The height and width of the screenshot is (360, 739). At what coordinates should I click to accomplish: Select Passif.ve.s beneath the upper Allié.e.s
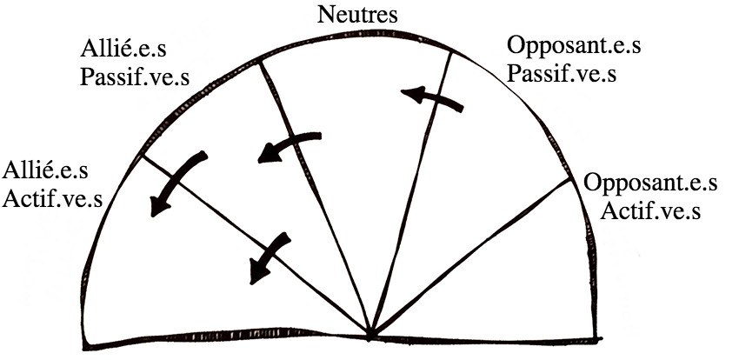click(134, 75)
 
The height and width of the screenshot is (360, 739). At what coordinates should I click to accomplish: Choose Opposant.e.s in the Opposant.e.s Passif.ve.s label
click(574, 45)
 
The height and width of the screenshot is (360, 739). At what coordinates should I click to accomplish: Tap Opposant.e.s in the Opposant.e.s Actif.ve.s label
click(651, 184)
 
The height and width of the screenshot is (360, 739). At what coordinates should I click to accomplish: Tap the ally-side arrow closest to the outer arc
click(177, 183)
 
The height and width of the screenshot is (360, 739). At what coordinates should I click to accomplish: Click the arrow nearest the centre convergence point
click(269, 257)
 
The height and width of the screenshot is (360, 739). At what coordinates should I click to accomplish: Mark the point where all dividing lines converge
click(370, 336)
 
